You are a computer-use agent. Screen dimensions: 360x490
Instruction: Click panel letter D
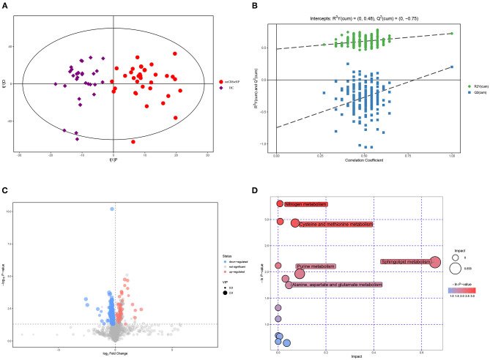click(253, 192)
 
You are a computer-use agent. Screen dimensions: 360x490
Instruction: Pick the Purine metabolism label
click(316, 266)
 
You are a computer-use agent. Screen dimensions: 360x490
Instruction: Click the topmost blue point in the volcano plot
click(113, 209)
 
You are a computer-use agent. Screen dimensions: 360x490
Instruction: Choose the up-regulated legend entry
click(201, 273)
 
